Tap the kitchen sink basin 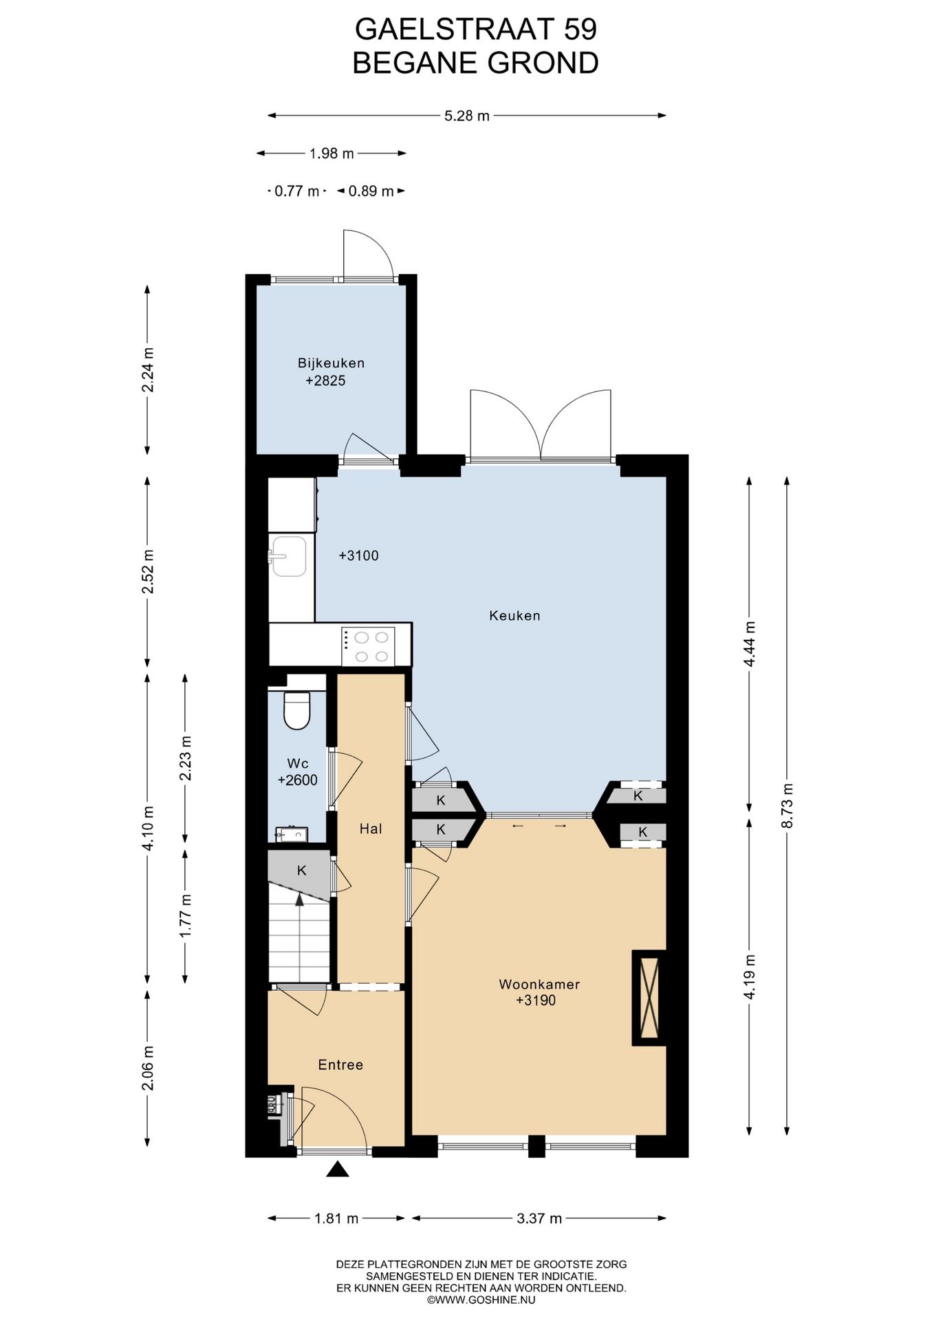click(x=290, y=556)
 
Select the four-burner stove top click(x=368, y=646)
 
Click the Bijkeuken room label click(x=331, y=363)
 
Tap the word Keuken click(x=514, y=616)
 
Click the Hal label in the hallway click(x=371, y=829)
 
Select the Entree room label click(x=340, y=1064)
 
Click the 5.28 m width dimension click(x=467, y=116)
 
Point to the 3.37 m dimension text click(x=539, y=1218)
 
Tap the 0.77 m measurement click(x=297, y=191)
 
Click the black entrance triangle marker click(x=337, y=1169)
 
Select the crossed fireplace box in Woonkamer click(x=649, y=998)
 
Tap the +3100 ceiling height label click(x=358, y=556)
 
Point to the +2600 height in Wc click(x=297, y=780)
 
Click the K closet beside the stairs click(x=301, y=871)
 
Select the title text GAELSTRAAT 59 click(x=475, y=29)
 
